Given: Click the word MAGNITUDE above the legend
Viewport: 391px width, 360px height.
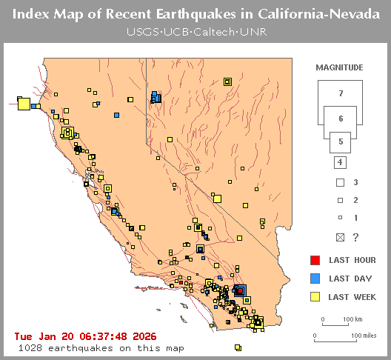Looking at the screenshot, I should [339, 67].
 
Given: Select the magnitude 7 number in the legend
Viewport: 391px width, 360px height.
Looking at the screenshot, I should [340, 93].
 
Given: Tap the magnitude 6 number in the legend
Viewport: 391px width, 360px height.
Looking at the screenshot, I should [340, 119].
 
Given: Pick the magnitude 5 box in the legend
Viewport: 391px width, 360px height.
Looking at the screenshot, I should [340, 141].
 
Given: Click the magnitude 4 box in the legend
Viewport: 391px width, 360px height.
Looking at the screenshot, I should [340, 162].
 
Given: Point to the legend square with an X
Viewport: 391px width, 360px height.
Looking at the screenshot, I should [340, 237].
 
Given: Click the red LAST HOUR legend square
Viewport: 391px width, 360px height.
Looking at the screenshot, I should [315, 260].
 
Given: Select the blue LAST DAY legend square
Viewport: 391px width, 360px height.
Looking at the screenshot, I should [315, 279].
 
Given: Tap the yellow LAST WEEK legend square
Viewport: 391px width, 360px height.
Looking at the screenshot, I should [315, 297].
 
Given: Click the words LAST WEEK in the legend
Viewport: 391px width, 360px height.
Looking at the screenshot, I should [352, 298].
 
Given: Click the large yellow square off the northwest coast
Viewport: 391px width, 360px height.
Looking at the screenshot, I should [24, 104].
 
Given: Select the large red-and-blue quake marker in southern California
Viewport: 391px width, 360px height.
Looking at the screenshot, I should [239, 290].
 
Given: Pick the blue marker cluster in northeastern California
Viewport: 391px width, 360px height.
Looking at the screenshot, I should [156, 97].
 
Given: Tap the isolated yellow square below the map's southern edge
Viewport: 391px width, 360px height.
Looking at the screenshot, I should [238, 347].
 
